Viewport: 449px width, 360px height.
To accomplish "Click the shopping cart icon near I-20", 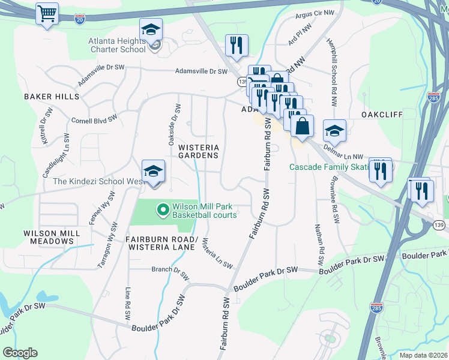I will (47, 13).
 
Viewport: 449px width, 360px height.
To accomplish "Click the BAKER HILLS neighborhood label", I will (51, 97).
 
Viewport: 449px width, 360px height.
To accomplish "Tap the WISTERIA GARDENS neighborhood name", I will (198, 151).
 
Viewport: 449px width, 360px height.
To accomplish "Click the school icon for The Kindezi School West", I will (153, 172).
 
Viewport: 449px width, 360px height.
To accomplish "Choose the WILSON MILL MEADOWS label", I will (48, 237).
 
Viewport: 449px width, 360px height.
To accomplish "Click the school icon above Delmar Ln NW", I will (334, 131).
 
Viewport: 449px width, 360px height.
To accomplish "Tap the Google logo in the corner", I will (20, 353).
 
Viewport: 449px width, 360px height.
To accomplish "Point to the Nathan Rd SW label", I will (321, 246).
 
